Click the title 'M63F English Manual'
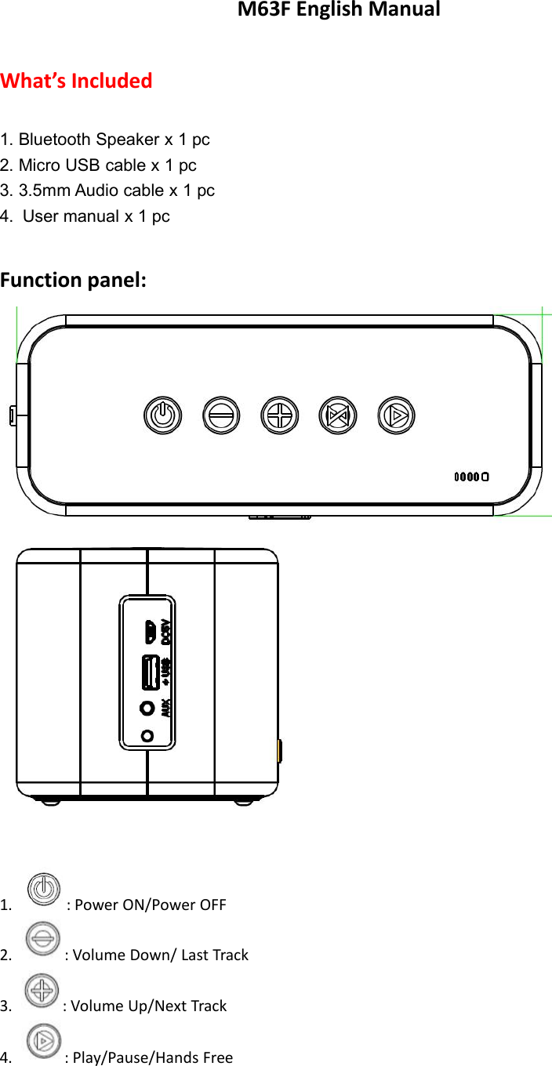339,10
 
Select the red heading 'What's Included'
77,81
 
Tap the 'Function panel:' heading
73,280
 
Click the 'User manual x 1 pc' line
96,216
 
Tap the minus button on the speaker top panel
221,415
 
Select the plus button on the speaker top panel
279,415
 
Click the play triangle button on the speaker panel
397,415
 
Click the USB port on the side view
151,672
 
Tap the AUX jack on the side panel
147,708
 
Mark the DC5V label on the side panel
165,631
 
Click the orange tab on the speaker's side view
280,751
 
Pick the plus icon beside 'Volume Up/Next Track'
42,991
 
